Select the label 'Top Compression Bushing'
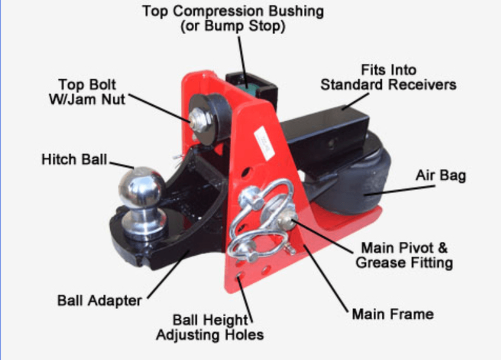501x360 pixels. [x=233, y=11]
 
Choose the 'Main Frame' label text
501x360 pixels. [x=393, y=314]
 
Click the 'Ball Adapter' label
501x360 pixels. [x=99, y=300]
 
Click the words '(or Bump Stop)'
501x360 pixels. [x=233, y=27]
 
